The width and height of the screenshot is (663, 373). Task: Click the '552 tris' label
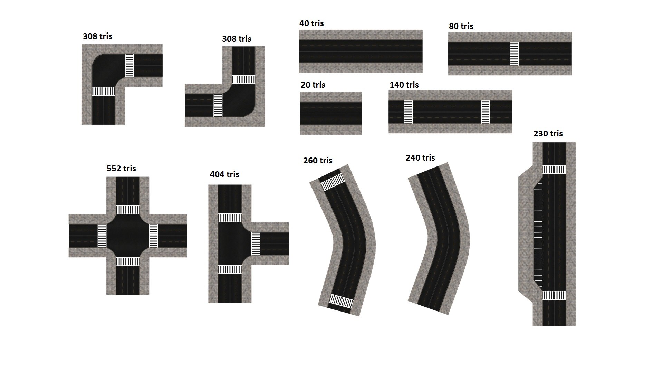(x=121, y=169)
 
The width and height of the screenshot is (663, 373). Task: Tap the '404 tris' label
(x=224, y=174)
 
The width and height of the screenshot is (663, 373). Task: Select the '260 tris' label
(x=318, y=161)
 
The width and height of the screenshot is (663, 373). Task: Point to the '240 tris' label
(x=420, y=158)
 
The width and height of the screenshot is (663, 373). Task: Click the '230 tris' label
(x=548, y=134)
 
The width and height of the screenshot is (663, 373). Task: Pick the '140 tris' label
(x=404, y=85)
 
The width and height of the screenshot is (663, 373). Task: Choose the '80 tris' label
(x=461, y=26)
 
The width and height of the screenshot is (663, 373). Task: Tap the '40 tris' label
(x=311, y=23)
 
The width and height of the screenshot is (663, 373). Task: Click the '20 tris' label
(x=313, y=85)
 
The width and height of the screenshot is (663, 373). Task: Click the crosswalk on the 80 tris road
(x=514, y=54)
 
